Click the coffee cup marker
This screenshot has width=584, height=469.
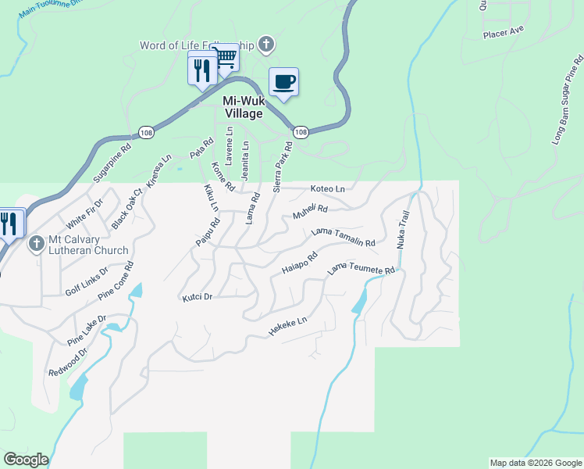click(x=283, y=82)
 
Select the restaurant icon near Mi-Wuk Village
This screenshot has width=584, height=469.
click(x=202, y=70)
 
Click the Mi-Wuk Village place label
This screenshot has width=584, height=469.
click(x=243, y=107)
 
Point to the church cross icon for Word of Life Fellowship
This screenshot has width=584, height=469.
click(x=266, y=45)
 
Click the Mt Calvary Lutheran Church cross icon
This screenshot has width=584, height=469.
click(x=35, y=245)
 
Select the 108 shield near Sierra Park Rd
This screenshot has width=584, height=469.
click(x=301, y=131)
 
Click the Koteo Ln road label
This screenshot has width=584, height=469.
click(x=327, y=189)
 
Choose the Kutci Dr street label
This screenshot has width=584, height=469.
click(x=198, y=298)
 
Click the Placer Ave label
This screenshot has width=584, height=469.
click(x=503, y=33)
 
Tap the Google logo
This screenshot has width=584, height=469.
click(x=26, y=460)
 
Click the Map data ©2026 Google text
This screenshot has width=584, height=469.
click(x=535, y=463)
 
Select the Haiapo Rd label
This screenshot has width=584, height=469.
click(x=299, y=263)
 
